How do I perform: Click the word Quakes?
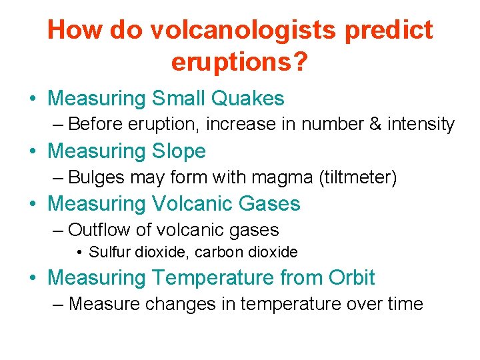[x=247, y=99]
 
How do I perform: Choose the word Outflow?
[x=99, y=230]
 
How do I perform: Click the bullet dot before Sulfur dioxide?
[x=79, y=253]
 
